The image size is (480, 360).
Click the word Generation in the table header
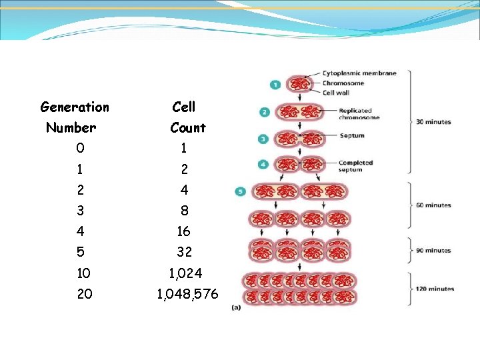pos(75,107)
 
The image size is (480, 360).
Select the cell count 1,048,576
pos(187,293)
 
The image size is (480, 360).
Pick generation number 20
pos(85,293)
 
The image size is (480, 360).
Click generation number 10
pos(84,273)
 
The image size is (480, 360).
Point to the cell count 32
pos(184,252)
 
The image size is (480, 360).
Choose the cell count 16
pos(184,231)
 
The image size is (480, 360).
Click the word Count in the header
pos(188,127)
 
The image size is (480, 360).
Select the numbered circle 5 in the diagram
pos(241,192)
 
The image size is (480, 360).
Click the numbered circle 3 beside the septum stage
pos(264,139)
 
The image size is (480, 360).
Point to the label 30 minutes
pos(433,122)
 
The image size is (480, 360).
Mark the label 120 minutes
pos(435,289)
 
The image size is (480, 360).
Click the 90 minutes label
pos(433,251)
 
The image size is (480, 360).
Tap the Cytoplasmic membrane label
pos(359,73)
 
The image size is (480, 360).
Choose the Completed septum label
pos(355,166)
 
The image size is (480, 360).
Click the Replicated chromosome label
pos(359,114)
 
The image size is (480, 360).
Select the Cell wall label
pos(336,93)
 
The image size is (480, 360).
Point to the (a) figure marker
pos(235,307)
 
